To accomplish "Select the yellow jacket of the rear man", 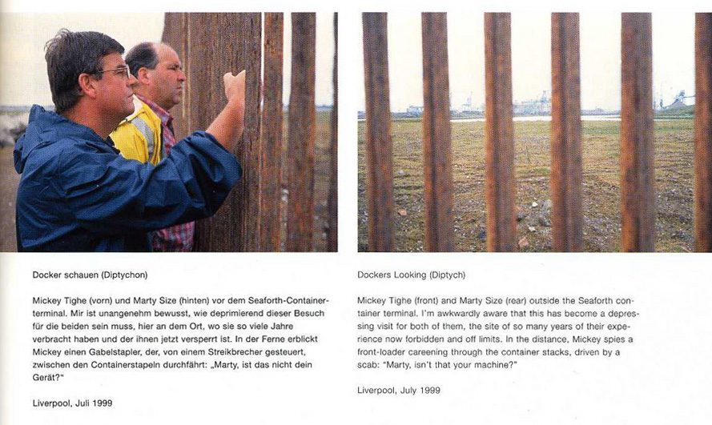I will [x=138, y=133].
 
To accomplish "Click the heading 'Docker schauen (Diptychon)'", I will [x=90, y=275].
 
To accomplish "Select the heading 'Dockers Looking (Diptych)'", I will [x=413, y=275].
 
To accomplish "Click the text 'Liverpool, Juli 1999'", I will [x=72, y=403].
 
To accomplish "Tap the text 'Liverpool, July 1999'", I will [x=398, y=390].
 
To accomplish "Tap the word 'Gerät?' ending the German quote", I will [x=50, y=377].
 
